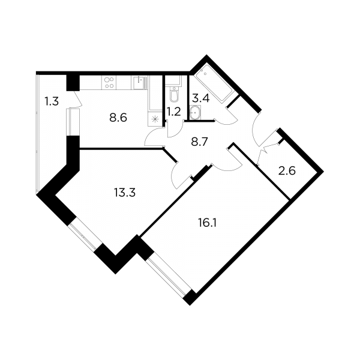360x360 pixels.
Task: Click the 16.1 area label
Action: (x=207, y=223)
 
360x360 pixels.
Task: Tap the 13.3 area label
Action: (x=125, y=193)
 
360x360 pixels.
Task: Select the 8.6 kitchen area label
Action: (x=118, y=118)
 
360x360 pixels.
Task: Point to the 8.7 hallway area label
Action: (x=199, y=142)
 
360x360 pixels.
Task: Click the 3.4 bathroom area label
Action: (x=200, y=98)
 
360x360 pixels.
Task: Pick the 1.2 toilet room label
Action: (x=174, y=112)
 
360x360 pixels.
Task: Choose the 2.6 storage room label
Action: (x=287, y=171)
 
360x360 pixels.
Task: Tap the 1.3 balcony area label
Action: (x=52, y=101)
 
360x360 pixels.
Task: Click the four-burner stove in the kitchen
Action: (x=109, y=83)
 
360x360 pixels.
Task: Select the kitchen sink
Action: (x=140, y=83)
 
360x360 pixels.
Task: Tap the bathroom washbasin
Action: (x=196, y=113)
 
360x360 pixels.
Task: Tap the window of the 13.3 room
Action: (x=83, y=236)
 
